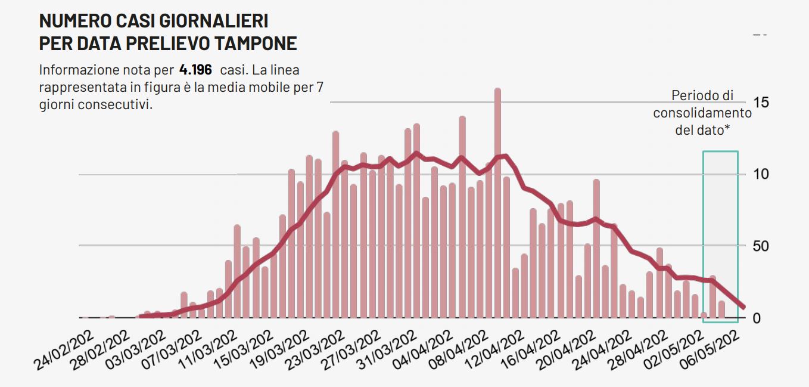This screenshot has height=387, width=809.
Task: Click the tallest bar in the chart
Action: pos(497,203)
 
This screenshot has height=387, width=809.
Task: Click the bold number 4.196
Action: pos(195,69)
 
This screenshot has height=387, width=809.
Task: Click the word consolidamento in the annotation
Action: pos(702,113)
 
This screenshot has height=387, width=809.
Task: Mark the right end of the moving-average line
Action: pos(743,307)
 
